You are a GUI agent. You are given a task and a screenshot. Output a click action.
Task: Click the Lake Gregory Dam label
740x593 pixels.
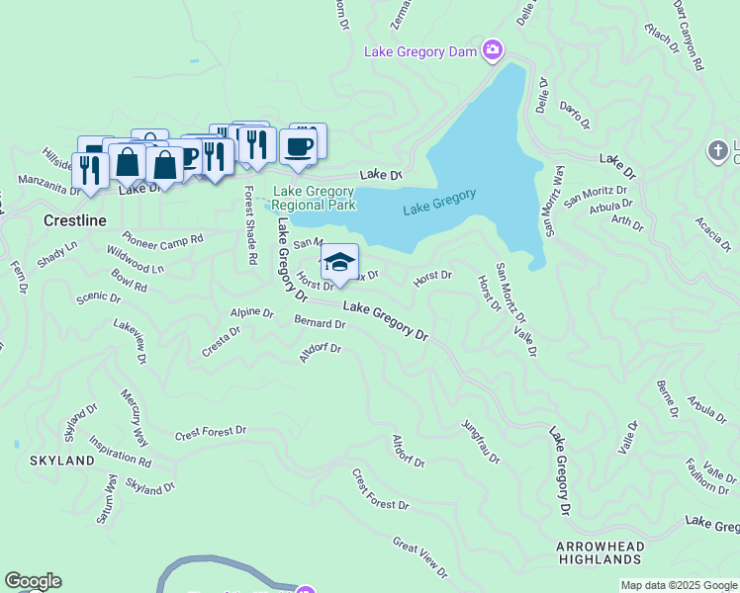coord(421,51)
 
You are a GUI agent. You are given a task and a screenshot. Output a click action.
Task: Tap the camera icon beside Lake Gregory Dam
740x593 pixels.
coord(493,49)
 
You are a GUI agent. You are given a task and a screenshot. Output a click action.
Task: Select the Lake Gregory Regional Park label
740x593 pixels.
coord(314,198)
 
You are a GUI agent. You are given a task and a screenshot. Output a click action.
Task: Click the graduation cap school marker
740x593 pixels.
coord(339,262)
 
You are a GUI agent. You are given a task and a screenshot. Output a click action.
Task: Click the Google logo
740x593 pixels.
coord(33,581)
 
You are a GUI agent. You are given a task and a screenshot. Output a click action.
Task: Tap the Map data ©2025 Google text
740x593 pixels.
coord(678,585)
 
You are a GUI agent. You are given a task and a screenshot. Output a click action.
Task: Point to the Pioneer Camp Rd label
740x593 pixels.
coord(163,239)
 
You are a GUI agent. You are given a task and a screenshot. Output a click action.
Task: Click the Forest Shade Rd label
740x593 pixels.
coord(250,224)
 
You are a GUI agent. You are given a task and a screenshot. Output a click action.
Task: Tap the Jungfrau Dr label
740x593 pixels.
coord(481,442)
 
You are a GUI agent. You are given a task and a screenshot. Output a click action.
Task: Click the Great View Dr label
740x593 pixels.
coord(420,556)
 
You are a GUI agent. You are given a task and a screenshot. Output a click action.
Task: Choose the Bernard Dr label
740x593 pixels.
coord(320,322)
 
